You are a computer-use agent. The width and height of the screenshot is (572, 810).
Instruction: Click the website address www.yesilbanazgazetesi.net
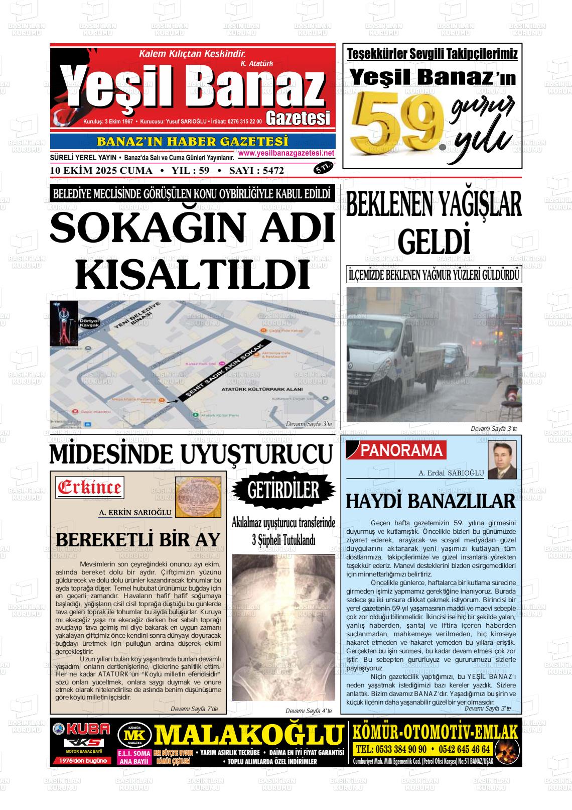click(286, 153)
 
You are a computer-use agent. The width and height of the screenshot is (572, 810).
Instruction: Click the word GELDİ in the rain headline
click(434, 242)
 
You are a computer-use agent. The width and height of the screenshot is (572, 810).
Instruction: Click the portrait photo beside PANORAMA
click(502, 460)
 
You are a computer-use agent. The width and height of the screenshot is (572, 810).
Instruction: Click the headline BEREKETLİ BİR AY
click(138, 539)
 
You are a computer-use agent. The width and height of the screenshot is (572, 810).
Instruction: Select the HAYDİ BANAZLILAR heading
click(431, 501)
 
